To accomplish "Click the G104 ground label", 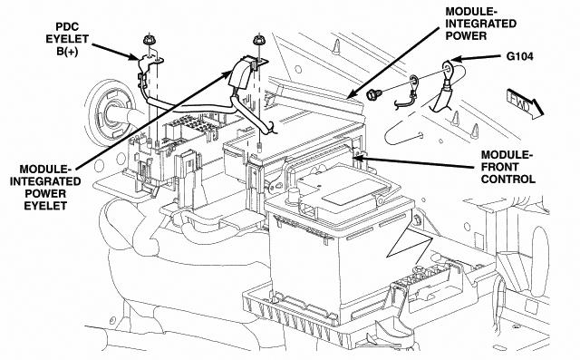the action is click(x=519, y=56).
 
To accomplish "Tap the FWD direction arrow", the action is click(x=525, y=103).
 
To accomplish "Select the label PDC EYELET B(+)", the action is click(x=67, y=39).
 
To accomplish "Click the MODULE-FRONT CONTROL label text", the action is click(x=507, y=167).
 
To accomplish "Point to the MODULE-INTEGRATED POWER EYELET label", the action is click(x=45, y=188).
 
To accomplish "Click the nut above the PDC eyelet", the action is click(x=149, y=39).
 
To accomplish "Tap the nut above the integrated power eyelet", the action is click(x=258, y=40).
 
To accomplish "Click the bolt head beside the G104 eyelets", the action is click(x=372, y=93).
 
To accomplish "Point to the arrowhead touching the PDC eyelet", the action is click(x=133, y=56).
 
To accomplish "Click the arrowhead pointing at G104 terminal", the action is click(x=457, y=59).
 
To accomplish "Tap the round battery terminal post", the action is click(x=293, y=194).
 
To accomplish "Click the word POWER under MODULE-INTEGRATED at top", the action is click(x=466, y=36).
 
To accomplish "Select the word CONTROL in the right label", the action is click(x=507, y=179).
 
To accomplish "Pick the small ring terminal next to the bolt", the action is click(x=413, y=79).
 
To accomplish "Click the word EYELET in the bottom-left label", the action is click(x=45, y=206).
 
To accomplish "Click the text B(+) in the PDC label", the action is click(x=67, y=52).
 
